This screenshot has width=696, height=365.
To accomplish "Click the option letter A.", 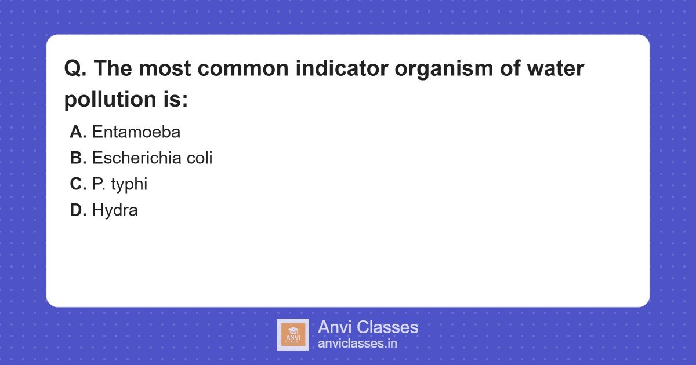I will [x=78, y=132].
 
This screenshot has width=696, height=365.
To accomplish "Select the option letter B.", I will [x=78, y=158].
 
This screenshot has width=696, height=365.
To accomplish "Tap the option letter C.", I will [x=78, y=184].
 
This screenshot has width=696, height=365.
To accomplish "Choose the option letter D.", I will [x=78, y=210].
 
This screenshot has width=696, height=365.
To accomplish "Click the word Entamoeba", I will [x=136, y=132].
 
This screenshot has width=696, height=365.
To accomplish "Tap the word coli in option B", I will [x=200, y=158].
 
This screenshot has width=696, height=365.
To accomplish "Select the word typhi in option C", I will [x=129, y=184].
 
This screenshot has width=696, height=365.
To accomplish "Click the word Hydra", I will [x=115, y=210].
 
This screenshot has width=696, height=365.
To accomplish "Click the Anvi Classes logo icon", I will [x=293, y=334].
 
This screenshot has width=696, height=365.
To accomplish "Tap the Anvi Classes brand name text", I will [x=368, y=327].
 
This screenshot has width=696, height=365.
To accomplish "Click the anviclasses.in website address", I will [x=357, y=344].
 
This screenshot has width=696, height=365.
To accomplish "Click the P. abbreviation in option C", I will [x=97, y=184].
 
